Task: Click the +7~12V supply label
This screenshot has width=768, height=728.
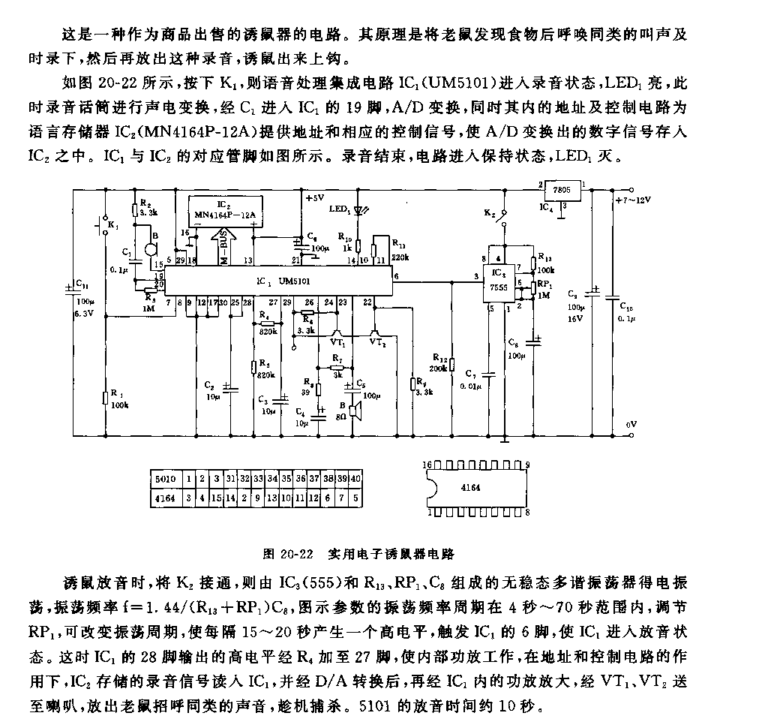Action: click(x=631, y=200)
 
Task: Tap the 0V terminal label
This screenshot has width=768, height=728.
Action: click(x=631, y=425)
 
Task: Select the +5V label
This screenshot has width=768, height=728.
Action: click(x=313, y=198)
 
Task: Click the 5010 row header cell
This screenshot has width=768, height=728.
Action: click(x=163, y=478)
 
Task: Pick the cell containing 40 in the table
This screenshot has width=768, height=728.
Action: click(x=355, y=478)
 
